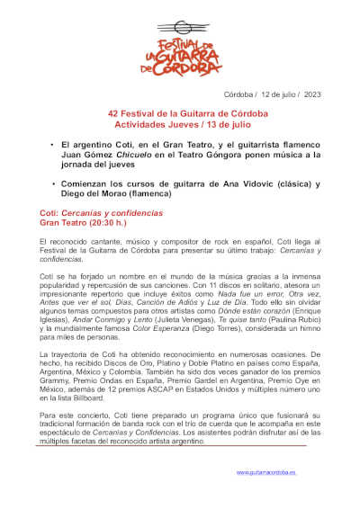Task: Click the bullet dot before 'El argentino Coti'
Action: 52,145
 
